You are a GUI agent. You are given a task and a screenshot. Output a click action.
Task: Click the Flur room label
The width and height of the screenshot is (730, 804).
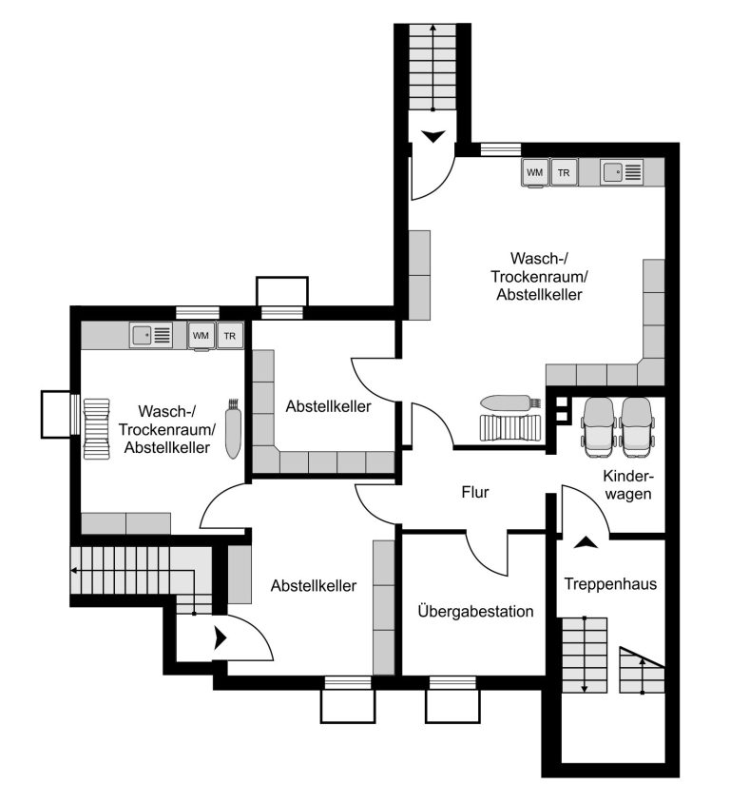[475, 492]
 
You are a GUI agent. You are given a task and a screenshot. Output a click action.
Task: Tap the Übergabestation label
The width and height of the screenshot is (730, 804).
[475, 611]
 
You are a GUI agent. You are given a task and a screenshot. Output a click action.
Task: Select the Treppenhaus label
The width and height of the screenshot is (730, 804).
[610, 584]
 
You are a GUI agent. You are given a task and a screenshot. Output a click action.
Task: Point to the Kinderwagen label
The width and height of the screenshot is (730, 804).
[628, 485]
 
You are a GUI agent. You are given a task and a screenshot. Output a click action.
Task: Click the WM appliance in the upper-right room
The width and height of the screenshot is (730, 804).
[535, 172]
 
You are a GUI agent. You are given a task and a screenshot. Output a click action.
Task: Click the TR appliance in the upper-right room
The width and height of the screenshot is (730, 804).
[564, 172]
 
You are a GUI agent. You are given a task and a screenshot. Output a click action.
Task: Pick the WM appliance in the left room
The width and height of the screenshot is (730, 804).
[201, 336]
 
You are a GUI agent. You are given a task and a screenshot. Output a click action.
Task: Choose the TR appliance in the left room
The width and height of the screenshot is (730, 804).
[229, 336]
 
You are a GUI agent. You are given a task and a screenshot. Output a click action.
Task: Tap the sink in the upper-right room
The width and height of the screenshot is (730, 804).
[622, 172]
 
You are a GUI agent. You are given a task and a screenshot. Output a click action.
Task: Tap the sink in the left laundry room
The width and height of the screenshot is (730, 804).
[150, 335]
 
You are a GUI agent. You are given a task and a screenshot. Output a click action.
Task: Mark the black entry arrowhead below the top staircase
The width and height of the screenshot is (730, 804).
[433, 136]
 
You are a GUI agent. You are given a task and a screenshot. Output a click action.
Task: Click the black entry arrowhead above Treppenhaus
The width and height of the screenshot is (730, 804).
[586, 542]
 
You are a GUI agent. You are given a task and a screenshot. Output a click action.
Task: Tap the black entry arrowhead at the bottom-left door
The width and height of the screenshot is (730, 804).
[221, 637]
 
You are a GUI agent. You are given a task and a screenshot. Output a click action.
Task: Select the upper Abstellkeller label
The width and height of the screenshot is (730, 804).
[328, 406]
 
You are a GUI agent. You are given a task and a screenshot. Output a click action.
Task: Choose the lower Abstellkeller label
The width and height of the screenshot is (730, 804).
[314, 585]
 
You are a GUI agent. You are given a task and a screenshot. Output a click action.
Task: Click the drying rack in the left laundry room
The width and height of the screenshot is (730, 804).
[97, 429]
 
